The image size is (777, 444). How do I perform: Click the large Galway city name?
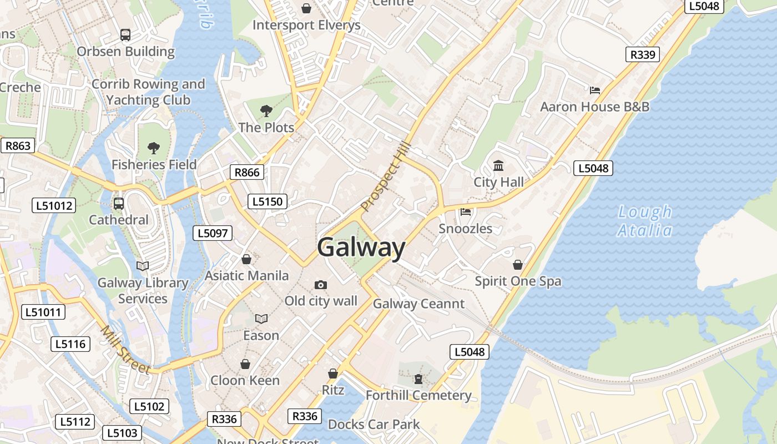pos(361,247)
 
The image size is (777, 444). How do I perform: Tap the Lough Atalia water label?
pos(645,221)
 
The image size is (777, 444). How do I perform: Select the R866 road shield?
pos(247,172)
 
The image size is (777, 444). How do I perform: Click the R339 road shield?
pos(643,54)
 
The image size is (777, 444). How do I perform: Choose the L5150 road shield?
pos(268,201)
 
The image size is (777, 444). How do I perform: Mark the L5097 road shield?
pos(213,233)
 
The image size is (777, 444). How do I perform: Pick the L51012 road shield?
pos(54,205)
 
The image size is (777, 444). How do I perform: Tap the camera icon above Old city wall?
pos(321,285)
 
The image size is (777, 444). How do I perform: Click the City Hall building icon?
pos(498,165)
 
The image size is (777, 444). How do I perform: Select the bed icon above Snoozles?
pos(466,212)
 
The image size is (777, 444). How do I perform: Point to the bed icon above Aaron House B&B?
pos(595,90)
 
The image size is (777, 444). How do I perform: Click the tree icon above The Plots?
pos(266,110)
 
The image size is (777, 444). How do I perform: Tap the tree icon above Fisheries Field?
pos(154,148)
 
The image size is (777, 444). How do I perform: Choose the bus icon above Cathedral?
pos(119,203)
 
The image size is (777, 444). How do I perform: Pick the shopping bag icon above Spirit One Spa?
pos(518,265)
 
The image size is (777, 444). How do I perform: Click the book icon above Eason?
pos(261,319)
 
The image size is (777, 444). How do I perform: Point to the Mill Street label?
pos(125,350)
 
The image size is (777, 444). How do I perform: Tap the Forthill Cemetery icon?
pos(418,379)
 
